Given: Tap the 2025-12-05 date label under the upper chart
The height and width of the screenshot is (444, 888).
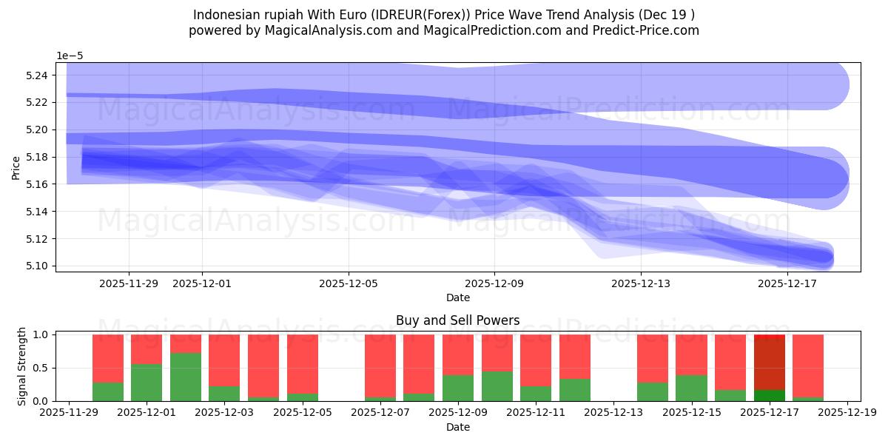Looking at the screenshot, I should click(349, 283).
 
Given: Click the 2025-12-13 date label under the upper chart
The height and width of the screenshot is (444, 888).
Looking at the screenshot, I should click(641, 283).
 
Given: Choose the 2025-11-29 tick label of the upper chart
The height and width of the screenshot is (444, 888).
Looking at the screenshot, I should click(129, 283).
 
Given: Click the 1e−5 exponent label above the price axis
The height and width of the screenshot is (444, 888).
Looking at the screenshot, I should click(70, 56).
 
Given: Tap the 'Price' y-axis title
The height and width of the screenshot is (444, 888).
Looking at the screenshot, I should click(16, 167).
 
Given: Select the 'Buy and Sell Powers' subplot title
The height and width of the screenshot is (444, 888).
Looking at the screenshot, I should click(457, 320).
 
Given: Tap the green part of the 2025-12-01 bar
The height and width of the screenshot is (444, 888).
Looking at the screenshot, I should click(147, 383).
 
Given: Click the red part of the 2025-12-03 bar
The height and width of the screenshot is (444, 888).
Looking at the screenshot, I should click(224, 360).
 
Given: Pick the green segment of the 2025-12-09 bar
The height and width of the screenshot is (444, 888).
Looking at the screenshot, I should click(457, 388).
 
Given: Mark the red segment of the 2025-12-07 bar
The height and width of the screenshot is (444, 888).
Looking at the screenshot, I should click(380, 366).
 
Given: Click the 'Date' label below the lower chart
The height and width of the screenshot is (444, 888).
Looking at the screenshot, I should click(457, 427).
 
